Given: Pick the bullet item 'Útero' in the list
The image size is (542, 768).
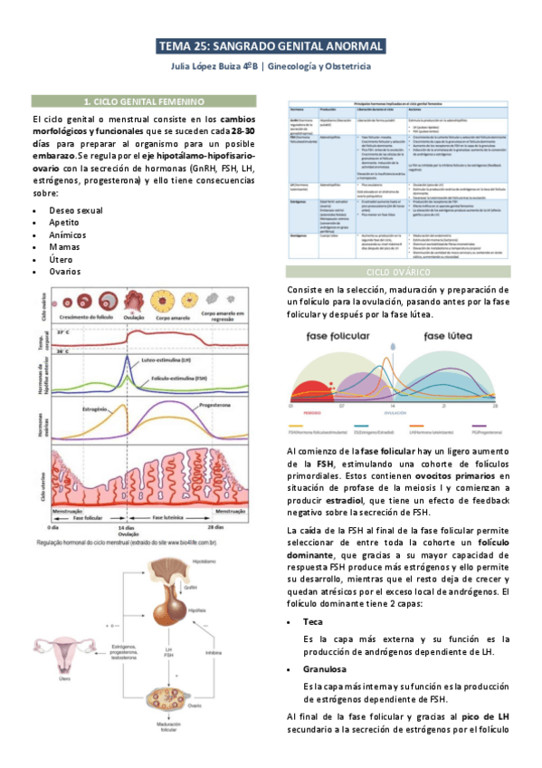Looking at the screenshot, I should (x=62, y=258).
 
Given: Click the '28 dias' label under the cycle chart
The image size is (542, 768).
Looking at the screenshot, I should (x=214, y=526).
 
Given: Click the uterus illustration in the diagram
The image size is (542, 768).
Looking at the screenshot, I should (x=62, y=650).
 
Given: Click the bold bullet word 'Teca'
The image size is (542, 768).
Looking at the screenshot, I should (x=313, y=622).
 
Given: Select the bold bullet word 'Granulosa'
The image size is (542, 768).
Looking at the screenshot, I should (x=325, y=669).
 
